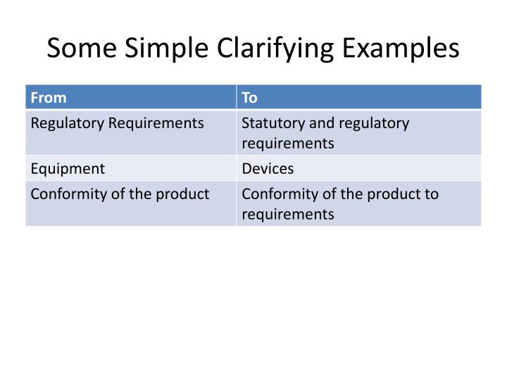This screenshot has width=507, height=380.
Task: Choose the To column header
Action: (x=250, y=98)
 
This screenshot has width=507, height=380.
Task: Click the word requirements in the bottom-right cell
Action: (x=288, y=214)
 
